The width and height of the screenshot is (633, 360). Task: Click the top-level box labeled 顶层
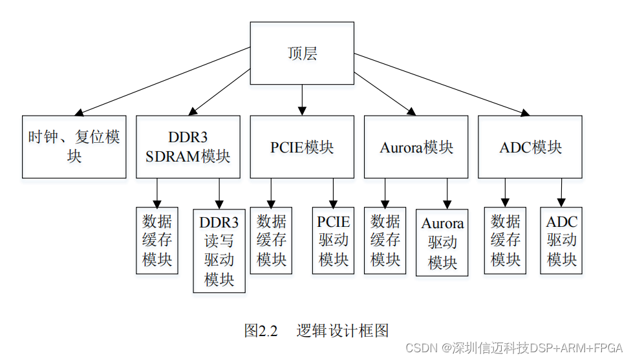click(x=302, y=53)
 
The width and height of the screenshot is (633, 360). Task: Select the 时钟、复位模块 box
click(x=74, y=147)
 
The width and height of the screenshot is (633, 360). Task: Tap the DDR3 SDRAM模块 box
click(x=188, y=147)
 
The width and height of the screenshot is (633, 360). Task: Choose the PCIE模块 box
click(x=302, y=147)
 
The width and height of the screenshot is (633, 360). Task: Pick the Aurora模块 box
click(x=416, y=147)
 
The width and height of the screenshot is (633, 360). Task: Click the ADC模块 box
click(x=530, y=147)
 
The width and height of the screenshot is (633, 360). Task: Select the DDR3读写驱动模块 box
click(x=219, y=251)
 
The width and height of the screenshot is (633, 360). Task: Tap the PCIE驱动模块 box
click(x=333, y=240)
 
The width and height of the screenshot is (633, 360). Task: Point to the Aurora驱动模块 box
click(x=442, y=242)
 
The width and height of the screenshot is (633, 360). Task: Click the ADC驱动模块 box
click(x=561, y=240)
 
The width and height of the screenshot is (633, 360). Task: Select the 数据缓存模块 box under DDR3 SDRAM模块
click(x=157, y=240)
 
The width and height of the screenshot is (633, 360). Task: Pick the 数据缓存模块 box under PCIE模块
click(x=271, y=240)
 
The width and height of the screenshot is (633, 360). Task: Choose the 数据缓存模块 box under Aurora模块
click(x=385, y=240)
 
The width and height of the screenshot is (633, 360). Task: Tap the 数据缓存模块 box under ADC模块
click(x=505, y=240)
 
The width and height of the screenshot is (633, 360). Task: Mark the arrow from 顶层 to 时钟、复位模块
click(x=162, y=81)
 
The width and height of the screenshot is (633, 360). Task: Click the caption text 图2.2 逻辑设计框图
click(x=317, y=331)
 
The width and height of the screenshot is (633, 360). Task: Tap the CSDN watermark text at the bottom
click(x=513, y=348)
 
